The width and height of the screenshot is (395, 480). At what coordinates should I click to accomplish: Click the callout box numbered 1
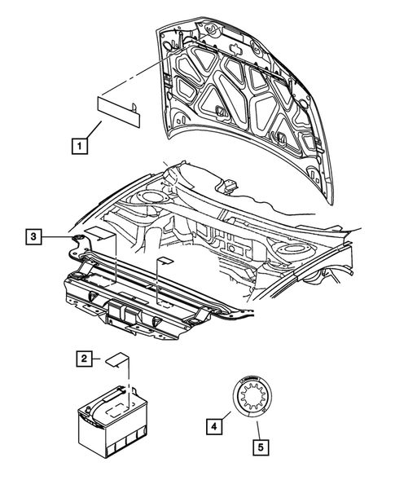(x=78, y=147)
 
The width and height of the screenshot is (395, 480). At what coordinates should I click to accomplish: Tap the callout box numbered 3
(x=32, y=237)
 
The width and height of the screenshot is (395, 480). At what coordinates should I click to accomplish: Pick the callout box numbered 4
(x=213, y=425)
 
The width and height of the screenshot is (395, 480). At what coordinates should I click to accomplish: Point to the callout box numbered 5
(x=261, y=446)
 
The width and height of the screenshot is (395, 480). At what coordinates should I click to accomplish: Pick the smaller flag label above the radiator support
(x=164, y=262)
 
